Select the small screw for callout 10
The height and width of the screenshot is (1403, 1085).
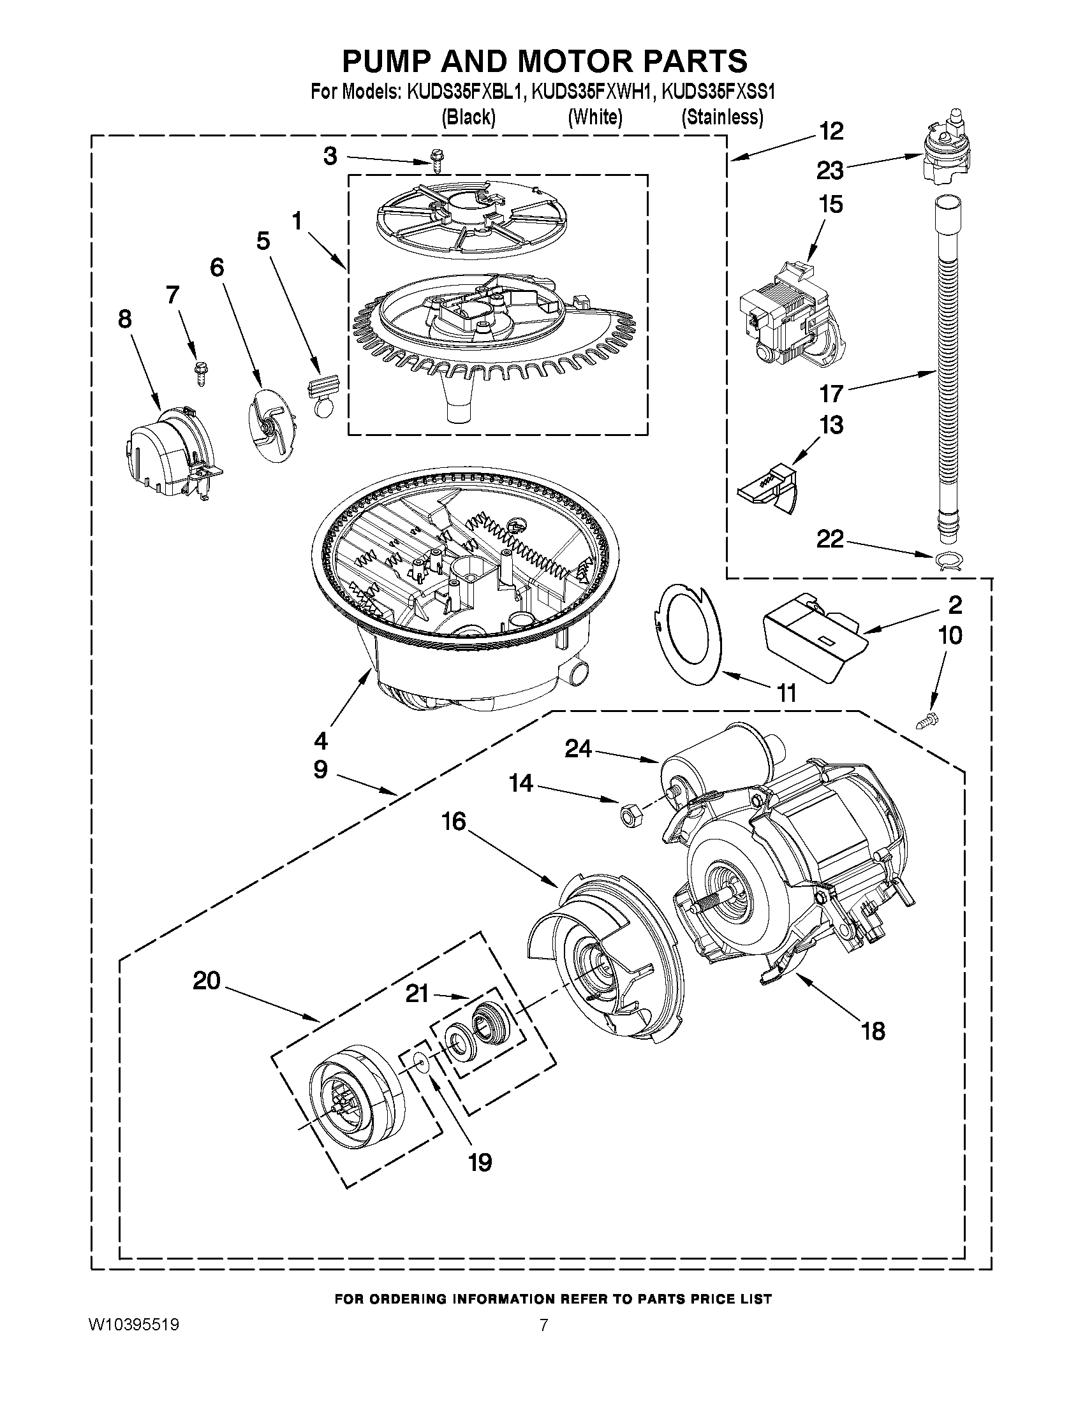tap(926, 723)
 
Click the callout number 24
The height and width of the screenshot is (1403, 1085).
tap(579, 748)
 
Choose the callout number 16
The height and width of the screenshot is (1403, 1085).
tap(454, 821)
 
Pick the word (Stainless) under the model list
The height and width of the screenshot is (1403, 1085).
tap(722, 117)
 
